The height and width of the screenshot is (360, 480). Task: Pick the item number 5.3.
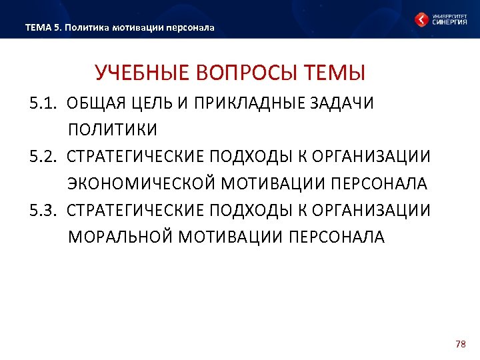tap(43, 211)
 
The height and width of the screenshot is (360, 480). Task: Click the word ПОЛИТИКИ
tap(113, 129)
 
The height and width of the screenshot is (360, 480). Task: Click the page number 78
tap(459, 344)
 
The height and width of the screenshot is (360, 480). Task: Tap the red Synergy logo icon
tap(421, 19)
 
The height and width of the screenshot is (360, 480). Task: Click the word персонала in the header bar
tap(193, 28)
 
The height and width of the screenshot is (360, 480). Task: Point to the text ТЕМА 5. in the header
tap(43, 28)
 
